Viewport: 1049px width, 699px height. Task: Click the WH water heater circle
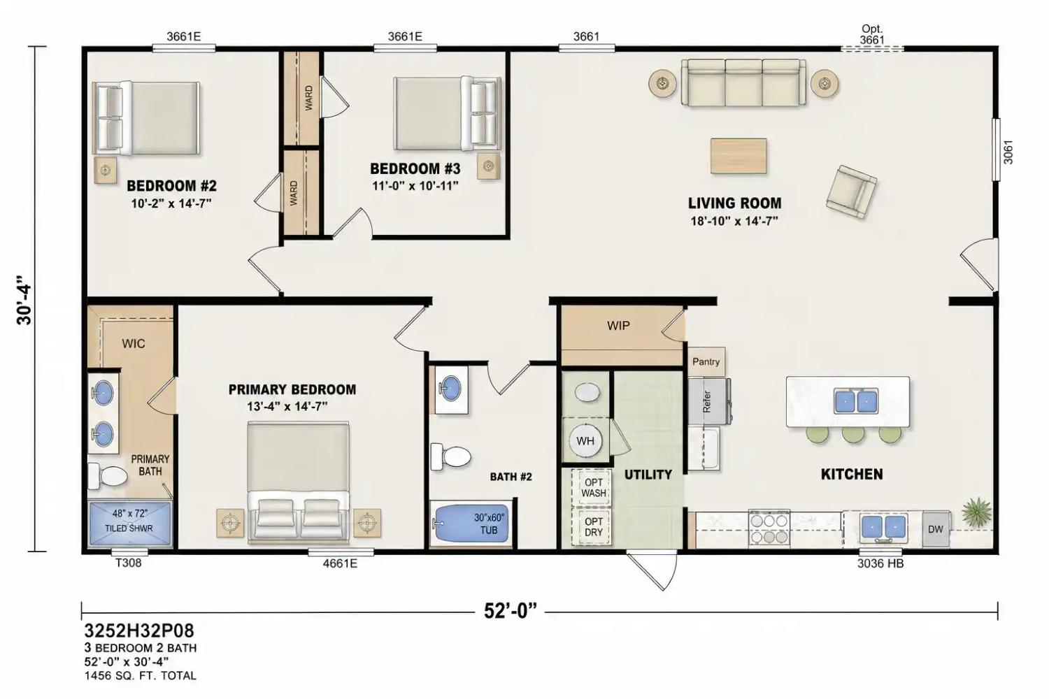coord(585,440)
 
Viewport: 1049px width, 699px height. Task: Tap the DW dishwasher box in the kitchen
coord(936,529)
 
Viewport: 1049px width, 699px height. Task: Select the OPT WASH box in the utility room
coord(593,487)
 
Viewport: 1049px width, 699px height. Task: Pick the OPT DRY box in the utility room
coord(593,527)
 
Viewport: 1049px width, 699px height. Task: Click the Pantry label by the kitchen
coord(706,361)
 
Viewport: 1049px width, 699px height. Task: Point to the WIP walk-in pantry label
coord(618,326)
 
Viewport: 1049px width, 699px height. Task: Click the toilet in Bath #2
coord(450,456)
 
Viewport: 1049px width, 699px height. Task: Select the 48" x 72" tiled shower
coord(129,524)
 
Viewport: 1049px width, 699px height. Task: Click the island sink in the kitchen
coord(855,401)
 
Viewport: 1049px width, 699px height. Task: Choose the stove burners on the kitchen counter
coord(769,528)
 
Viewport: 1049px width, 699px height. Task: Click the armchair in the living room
coord(851,192)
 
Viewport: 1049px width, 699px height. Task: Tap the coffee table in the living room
coord(738,156)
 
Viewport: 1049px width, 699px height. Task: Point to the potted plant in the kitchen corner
coord(976,512)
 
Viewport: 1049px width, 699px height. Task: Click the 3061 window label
coord(1008,152)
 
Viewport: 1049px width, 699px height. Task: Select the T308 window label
coord(128,563)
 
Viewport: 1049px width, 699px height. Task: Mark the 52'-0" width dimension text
coord(511,610)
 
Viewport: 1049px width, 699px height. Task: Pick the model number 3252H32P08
coord(139,630)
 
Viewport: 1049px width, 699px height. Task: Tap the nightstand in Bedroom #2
coord(106,170)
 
